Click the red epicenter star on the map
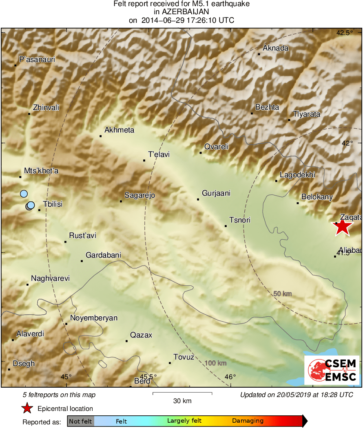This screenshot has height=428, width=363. click(343, 227)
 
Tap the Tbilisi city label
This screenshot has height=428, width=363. click(53, 204)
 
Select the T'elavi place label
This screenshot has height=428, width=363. click(159, 154)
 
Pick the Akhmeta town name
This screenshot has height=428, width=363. click(120, 130)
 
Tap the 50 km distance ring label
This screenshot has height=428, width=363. click(282, 293)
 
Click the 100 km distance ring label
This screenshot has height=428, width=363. click(215, 363)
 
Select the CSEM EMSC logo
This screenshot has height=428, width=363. click(332, 370)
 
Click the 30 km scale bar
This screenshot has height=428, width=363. click(182, 393)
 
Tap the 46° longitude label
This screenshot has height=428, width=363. click(230, 377)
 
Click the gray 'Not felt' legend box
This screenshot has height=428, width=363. click(80, 421)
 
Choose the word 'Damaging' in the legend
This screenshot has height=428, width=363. click(248, 421)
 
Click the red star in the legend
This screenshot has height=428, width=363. click(27, 408)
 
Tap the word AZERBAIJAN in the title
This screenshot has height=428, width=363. click(181, 12)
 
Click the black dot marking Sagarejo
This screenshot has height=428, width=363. click(121, 201)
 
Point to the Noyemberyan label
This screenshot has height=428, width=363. click(94, 318)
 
